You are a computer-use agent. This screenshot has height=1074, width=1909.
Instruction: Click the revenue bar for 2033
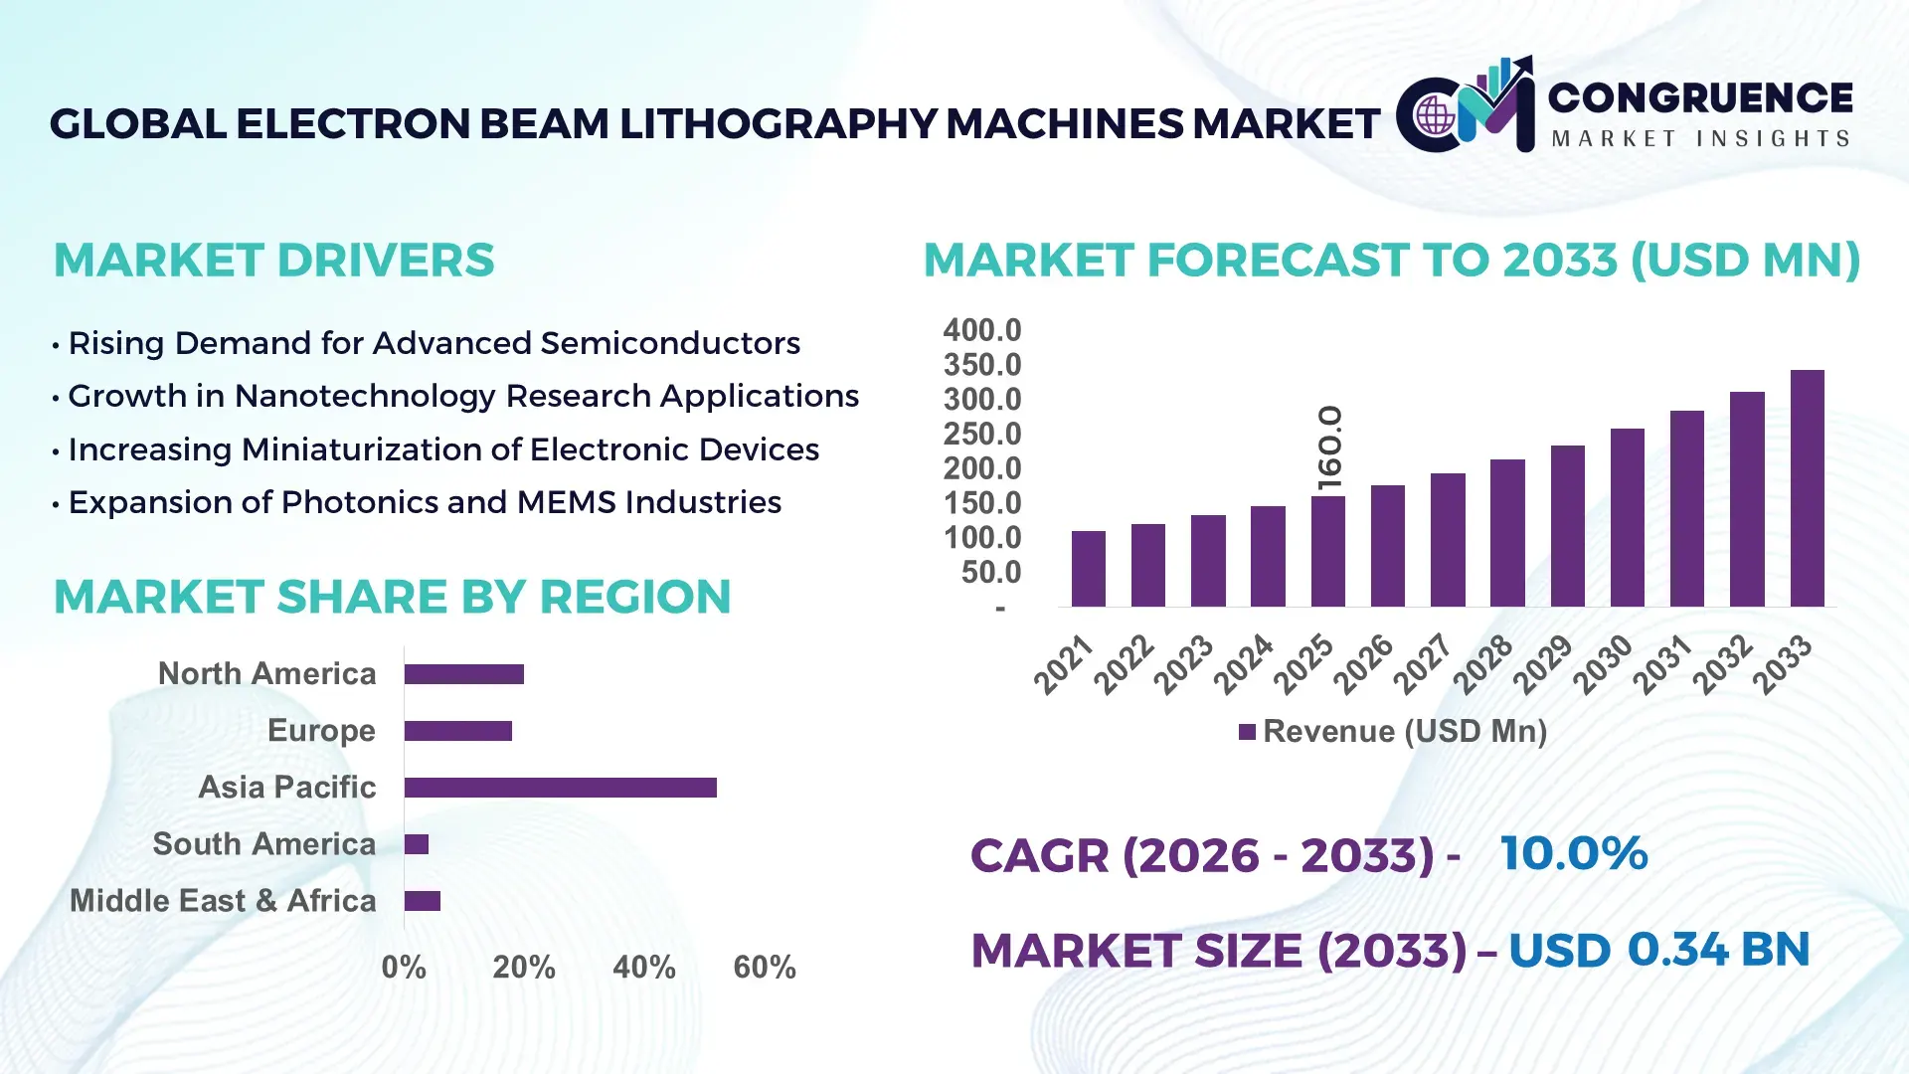1807,488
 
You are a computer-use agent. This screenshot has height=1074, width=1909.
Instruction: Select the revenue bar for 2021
1088,569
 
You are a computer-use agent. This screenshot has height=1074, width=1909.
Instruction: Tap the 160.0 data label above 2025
1329,447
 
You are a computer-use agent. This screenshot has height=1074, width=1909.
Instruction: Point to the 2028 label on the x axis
1484,663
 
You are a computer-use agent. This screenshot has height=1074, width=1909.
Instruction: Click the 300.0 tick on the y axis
982,400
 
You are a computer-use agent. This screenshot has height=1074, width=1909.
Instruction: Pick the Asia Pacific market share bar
560,788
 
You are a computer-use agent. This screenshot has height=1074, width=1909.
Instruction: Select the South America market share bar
417,844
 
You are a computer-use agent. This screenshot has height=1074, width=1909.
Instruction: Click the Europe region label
321,731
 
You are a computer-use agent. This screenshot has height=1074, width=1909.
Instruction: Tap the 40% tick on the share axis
643,968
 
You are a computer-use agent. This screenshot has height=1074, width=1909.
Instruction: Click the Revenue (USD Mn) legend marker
1247,733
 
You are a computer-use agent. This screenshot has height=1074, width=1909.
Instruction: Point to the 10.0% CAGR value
1574,854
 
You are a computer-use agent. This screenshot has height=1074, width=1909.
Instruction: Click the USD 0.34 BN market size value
1658,950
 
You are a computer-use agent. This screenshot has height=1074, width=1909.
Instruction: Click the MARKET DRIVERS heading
273,261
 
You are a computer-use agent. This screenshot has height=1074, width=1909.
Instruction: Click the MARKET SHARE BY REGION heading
392,598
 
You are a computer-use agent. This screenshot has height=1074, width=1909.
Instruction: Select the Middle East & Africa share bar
422,901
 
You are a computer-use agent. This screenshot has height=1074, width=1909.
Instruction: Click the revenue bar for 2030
1627,517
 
